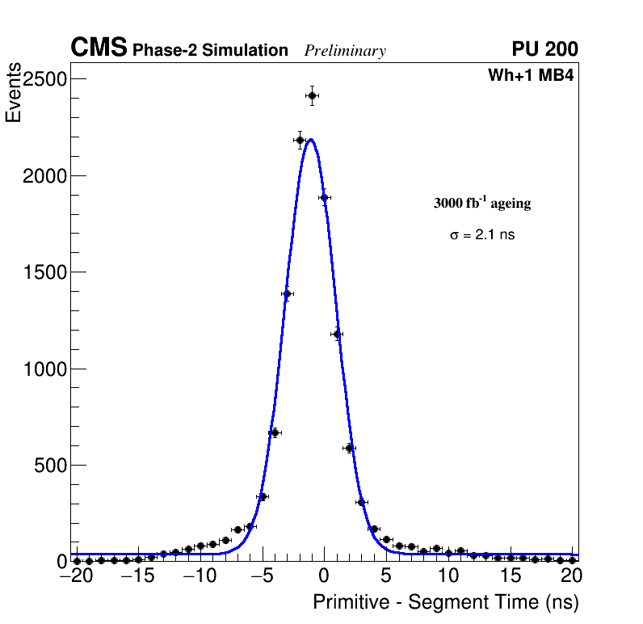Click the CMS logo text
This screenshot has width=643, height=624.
click(x=99, y=48)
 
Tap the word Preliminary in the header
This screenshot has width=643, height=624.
click(x=345, y=51)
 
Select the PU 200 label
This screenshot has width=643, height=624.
click(x=544, y=49)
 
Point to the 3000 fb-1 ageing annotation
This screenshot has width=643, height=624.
click(x=482, y=204)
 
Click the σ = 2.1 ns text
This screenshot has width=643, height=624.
click(x=482, y=235)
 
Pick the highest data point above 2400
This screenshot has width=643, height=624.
click(x=312, y=95)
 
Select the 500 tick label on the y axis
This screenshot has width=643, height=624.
click(x=50, y=466)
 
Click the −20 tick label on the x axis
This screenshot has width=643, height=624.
click(x=76, y=577)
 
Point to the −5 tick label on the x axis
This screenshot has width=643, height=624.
click(x=262, y=577)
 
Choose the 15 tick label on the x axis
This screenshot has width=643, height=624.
click(x=510, y=577)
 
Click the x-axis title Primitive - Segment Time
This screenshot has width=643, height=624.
click(x=446, y=602)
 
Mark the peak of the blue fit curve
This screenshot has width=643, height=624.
click(x=311, y=139)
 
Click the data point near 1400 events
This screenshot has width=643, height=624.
click(x=287, y=293)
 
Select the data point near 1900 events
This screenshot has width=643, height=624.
click(x=324, y=197)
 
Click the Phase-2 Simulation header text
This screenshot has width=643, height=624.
click(x=210, y=51)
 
